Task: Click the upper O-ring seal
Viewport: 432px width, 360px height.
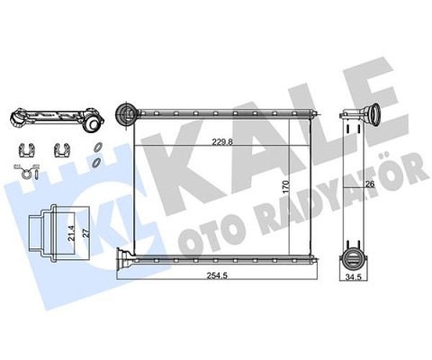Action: pyautogui.click(x=95, y=148)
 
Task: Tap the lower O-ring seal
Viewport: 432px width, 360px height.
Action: pyautogui.click(x=95, y=163)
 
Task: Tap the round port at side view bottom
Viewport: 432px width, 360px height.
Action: pyautogui.click(x=353, y=255)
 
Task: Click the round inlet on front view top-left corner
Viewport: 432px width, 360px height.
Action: pyautogui.click(x=127, y=113)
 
